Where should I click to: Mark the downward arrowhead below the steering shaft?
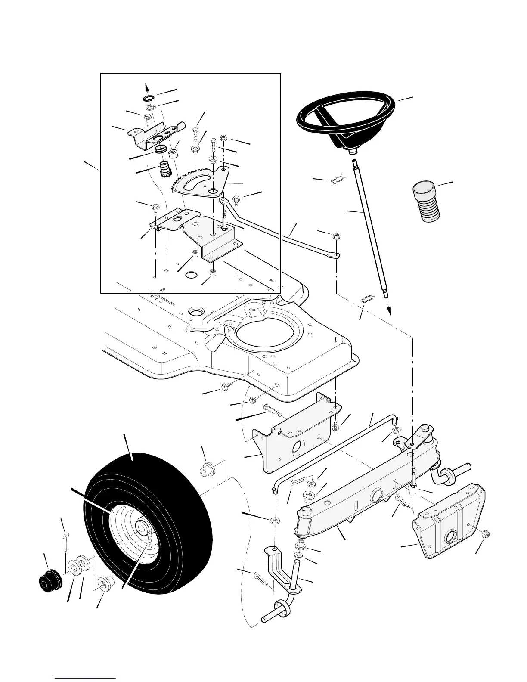tap(389, 311)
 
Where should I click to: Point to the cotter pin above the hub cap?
tap(65, 541)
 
